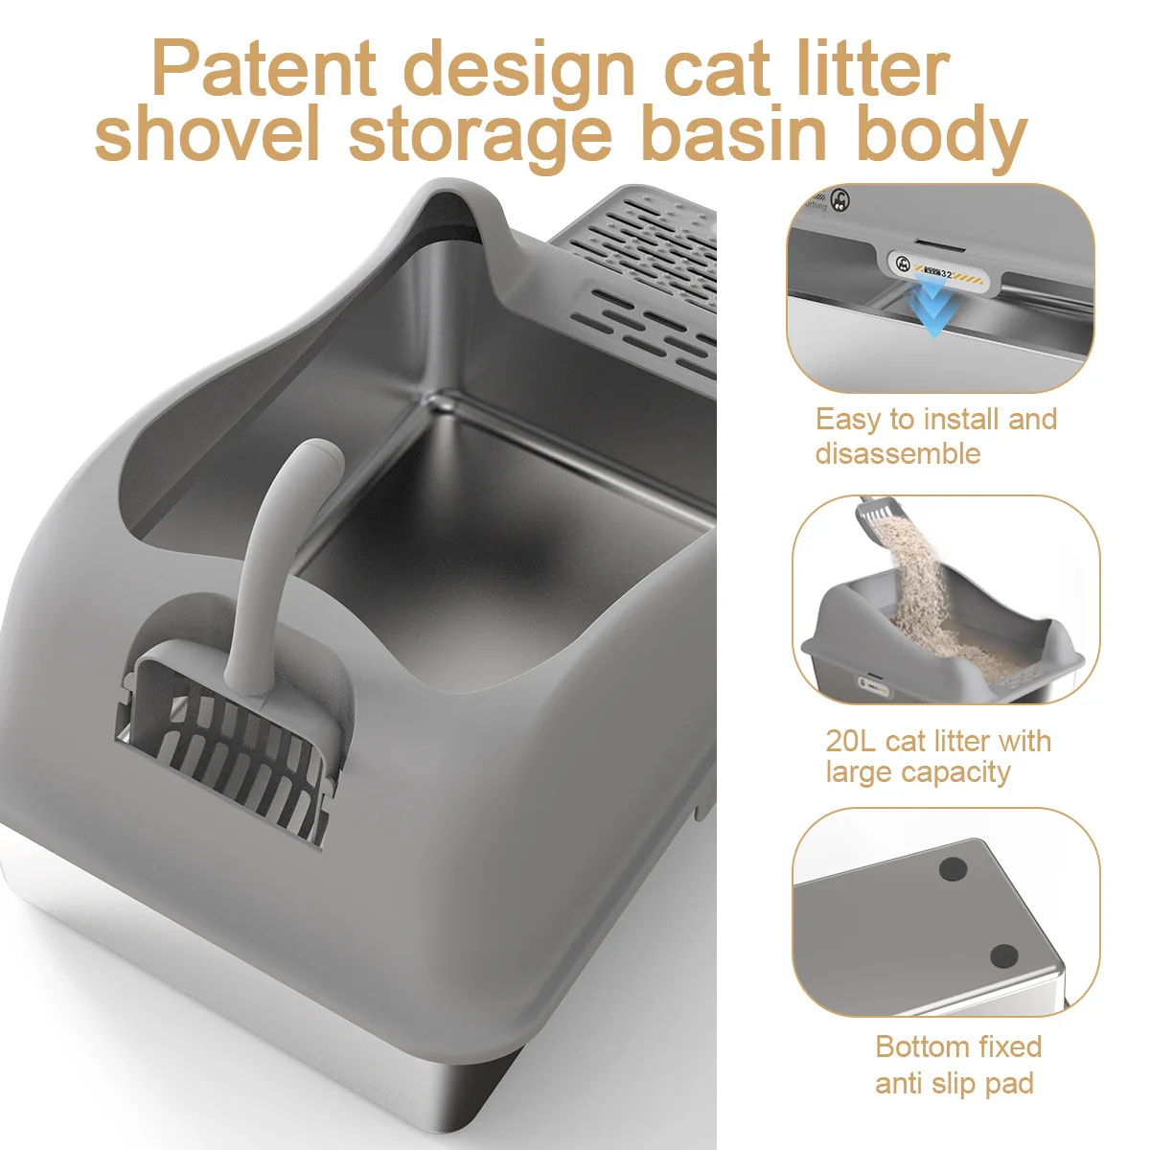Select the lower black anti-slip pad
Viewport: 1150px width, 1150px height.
click(1003, 955)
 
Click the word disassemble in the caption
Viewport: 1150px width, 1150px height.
click(898, 453)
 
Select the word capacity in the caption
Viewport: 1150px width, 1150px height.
click(961, 772)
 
